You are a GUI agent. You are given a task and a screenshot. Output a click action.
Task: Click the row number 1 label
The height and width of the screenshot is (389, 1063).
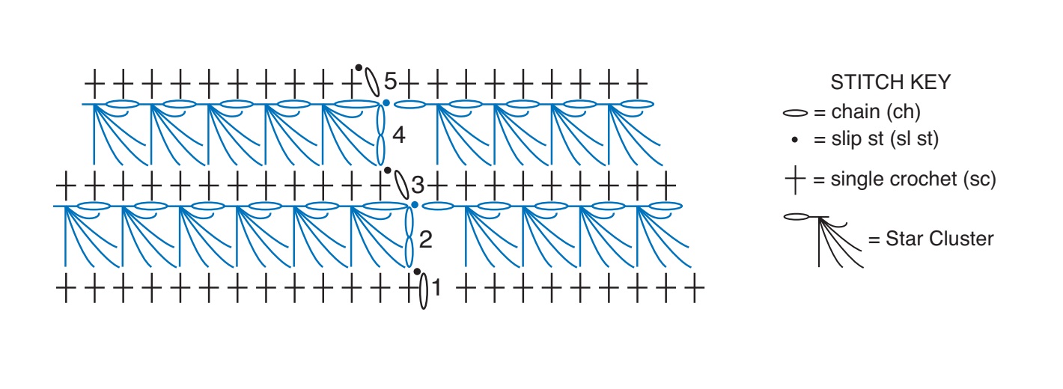436,287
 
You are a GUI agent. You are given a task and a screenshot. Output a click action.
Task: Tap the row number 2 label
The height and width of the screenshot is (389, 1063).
426,239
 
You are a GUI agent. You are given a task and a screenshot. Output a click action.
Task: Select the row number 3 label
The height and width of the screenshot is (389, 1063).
418,185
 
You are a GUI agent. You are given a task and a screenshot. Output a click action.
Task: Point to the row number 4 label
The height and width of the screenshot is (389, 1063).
398,135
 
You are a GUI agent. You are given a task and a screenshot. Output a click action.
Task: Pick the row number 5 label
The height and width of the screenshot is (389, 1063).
390,81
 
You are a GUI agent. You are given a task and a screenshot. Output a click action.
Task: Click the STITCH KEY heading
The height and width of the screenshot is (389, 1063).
890,82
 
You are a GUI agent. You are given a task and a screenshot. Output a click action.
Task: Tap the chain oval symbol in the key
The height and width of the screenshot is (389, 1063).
795,113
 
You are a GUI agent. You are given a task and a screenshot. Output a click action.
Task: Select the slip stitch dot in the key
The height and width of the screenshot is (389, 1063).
795,139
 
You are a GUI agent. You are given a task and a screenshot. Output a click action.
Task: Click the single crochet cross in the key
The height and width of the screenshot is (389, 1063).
795,180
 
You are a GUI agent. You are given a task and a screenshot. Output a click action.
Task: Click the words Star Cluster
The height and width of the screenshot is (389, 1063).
939,239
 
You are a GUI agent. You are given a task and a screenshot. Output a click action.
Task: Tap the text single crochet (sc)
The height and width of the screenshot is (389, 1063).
913,180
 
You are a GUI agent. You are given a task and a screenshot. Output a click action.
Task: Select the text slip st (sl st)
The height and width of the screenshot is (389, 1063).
885,139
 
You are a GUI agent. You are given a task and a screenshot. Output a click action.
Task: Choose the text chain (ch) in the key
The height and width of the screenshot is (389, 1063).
876,112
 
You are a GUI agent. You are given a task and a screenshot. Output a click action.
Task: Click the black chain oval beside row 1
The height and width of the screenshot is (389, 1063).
424,291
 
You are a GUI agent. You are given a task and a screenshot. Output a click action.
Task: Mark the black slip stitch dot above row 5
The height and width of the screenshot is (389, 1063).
359,68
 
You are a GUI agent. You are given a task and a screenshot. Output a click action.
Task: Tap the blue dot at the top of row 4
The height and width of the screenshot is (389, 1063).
386,103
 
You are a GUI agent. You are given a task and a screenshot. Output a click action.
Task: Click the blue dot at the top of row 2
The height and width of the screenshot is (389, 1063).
415,205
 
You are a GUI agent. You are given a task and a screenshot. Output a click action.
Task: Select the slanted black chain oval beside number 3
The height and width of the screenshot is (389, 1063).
401,185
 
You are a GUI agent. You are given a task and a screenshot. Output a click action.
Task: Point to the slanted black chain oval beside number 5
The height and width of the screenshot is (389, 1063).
372,82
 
